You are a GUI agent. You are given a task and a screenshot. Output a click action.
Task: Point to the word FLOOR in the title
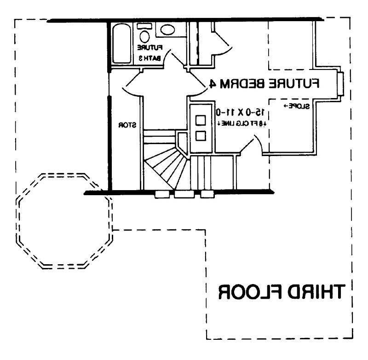(x=248, y=292)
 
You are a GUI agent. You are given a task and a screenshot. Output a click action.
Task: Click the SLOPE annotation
(x=297, y=106)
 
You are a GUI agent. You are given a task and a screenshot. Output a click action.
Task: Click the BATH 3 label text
(x=150, y=58)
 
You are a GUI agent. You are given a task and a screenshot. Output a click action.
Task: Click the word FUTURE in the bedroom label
(x=295, y=83)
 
